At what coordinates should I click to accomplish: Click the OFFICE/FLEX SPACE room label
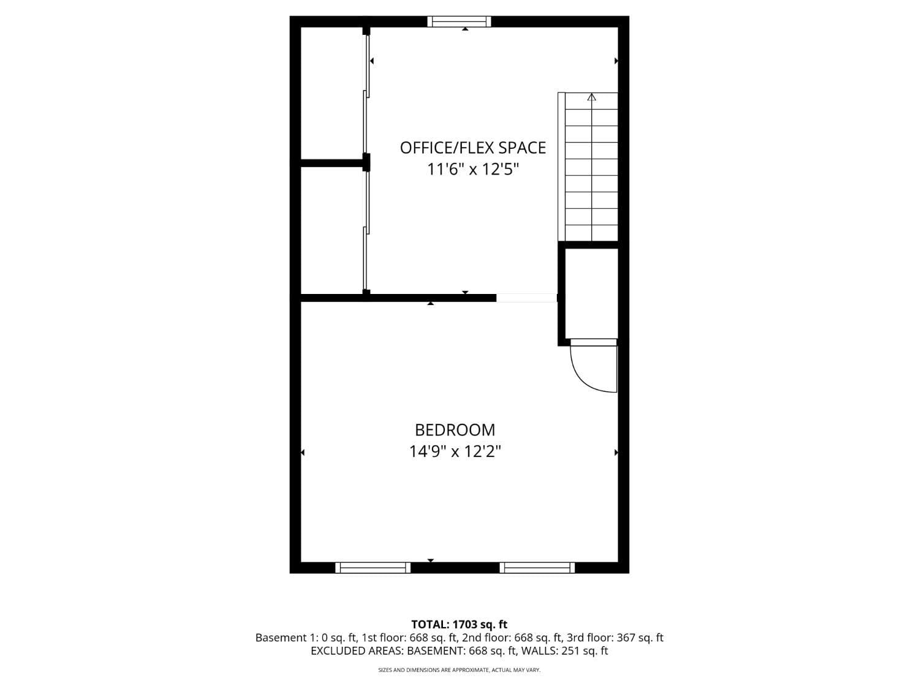point(472,148)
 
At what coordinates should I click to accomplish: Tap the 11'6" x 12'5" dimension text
point(472,169)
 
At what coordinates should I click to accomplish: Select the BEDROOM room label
point(455,430)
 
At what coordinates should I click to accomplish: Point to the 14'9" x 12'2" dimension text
point(455,452)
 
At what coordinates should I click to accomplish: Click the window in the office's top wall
point(459,22)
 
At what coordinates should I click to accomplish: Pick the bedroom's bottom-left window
point(373,568)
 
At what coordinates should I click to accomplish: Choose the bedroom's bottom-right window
point(537,568)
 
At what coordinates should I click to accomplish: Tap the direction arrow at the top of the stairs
point(591,97)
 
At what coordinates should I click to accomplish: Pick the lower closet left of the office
point(331,230)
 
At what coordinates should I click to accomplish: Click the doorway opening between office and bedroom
point(526,298)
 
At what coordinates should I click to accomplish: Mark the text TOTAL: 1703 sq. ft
point(459,625)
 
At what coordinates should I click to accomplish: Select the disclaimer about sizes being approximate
point(459,671)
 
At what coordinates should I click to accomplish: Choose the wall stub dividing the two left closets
point(331,163)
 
